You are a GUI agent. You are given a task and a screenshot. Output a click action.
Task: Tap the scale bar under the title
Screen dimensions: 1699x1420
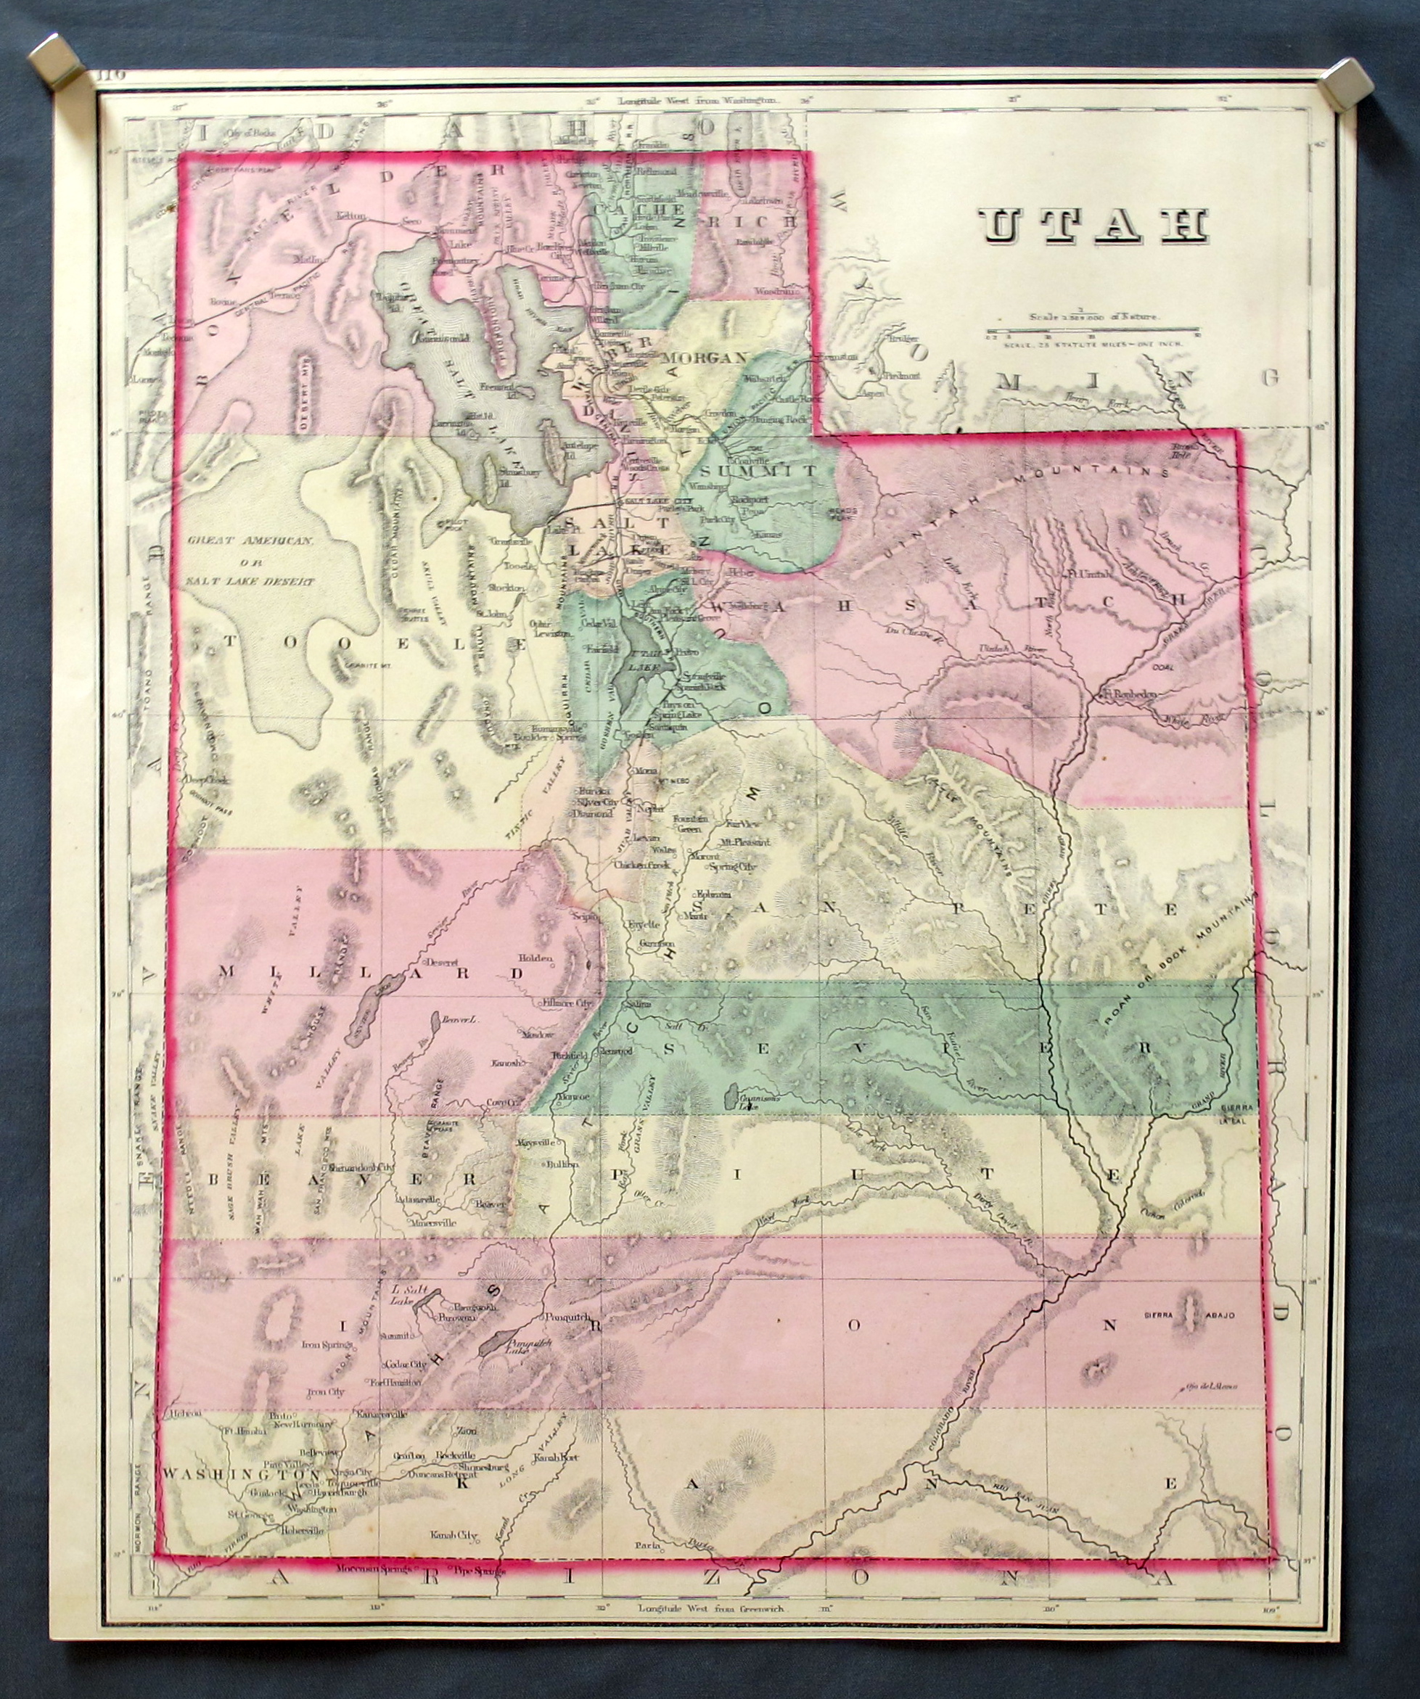coord(1092,332)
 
